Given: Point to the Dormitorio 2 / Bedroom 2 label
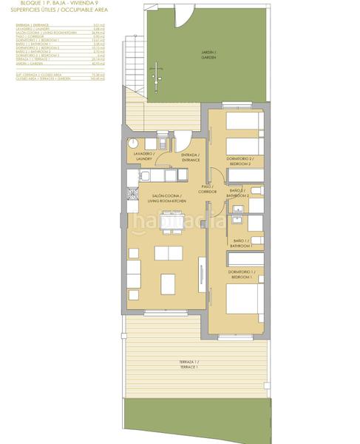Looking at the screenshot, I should [241, 161].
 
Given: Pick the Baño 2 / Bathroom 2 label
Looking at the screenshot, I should [238, 193].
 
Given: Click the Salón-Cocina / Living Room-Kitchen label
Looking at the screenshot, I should [166, 199].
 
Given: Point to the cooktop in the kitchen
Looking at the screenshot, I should [133, 193].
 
